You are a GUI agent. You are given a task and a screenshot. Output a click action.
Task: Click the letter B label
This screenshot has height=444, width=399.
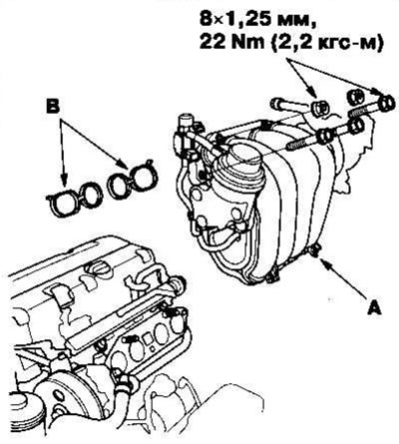pyautogui.click(x=53, y=108)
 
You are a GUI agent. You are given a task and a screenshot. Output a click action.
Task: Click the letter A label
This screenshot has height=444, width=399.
pyautogui.click(x=374, y=307)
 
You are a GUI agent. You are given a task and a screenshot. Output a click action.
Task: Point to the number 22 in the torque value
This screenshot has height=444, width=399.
pyautogui.click(x=210, y=42)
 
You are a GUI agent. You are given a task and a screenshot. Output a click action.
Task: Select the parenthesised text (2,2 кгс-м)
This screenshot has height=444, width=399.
pyautogui.click(x=326, y=43)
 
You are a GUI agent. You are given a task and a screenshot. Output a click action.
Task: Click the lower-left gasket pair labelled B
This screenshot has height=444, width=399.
pyautogui.click(x=75, y=199)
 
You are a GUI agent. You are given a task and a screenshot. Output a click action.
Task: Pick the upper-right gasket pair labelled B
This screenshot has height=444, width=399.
pyautogui.click(x=133, y=180)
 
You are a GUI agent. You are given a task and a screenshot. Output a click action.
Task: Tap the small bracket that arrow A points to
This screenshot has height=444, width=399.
pyautogui.click(x=313, y=250)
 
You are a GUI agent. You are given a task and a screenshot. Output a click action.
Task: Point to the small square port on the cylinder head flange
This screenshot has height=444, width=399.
pyautogui.click(x=146, y=339)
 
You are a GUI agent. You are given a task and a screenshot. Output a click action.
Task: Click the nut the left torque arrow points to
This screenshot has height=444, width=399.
pyautogui.click(x=317, y=107)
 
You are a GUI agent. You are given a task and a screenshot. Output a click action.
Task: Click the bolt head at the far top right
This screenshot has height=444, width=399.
pyautogui.click(x=386, y=103)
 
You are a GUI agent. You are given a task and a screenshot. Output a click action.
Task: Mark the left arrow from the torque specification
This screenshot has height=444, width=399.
pyautogui.click(x=301, y=78)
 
